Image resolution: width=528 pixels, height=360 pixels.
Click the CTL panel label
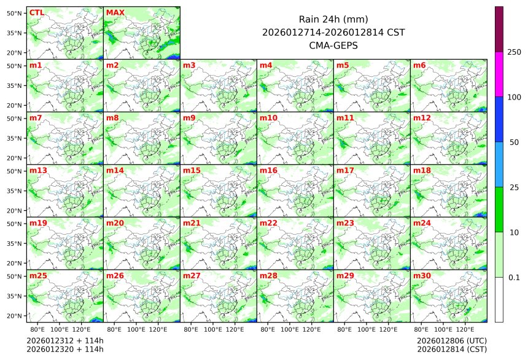point(36,13)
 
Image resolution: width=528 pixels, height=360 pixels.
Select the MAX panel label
point(115,13)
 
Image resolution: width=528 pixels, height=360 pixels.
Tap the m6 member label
point(419,65)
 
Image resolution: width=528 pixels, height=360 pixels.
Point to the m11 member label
point(345,117)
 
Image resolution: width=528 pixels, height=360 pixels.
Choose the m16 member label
point(268,170)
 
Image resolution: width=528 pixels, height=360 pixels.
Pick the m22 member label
point(268,223)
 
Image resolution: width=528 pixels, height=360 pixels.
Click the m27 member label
point(192,276)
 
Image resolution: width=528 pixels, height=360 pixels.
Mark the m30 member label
point(422,276)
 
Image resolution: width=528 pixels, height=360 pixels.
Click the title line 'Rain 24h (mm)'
point(333,19)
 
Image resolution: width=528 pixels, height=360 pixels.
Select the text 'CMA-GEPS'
point(333,45)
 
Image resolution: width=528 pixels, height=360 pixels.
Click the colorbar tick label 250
point(514,52)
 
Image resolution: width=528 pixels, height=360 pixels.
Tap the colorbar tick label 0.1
point(514,278)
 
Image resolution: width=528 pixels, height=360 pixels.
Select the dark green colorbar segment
point(499,209)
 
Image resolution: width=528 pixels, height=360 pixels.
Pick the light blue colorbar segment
point(499,164)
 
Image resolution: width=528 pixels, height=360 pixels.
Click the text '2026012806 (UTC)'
point(451,340)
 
